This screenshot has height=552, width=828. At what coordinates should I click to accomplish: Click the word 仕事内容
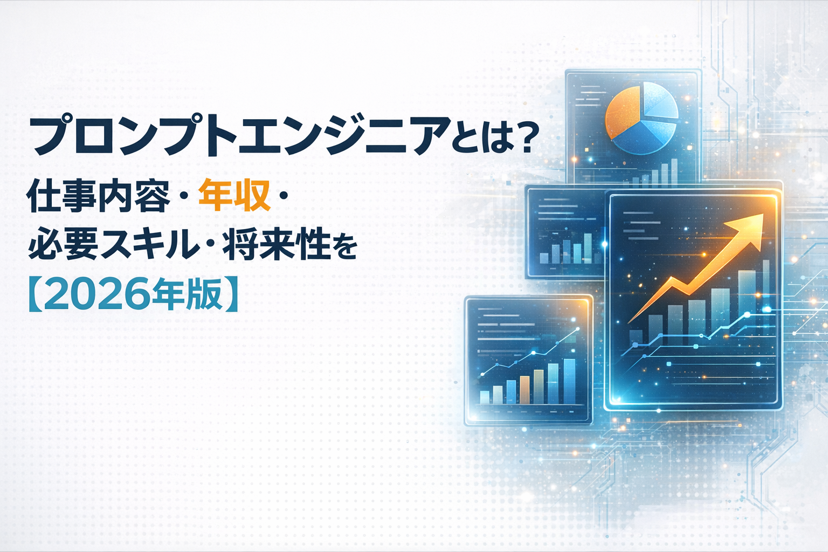click(98, 195)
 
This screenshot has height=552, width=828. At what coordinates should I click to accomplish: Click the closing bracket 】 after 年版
click(231, 295)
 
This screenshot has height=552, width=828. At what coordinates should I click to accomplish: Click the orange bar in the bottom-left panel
click(525, 390)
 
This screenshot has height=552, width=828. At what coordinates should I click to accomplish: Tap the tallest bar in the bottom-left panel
click(569, 381)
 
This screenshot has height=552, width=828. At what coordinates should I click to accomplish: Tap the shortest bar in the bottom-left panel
click(484, 397)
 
